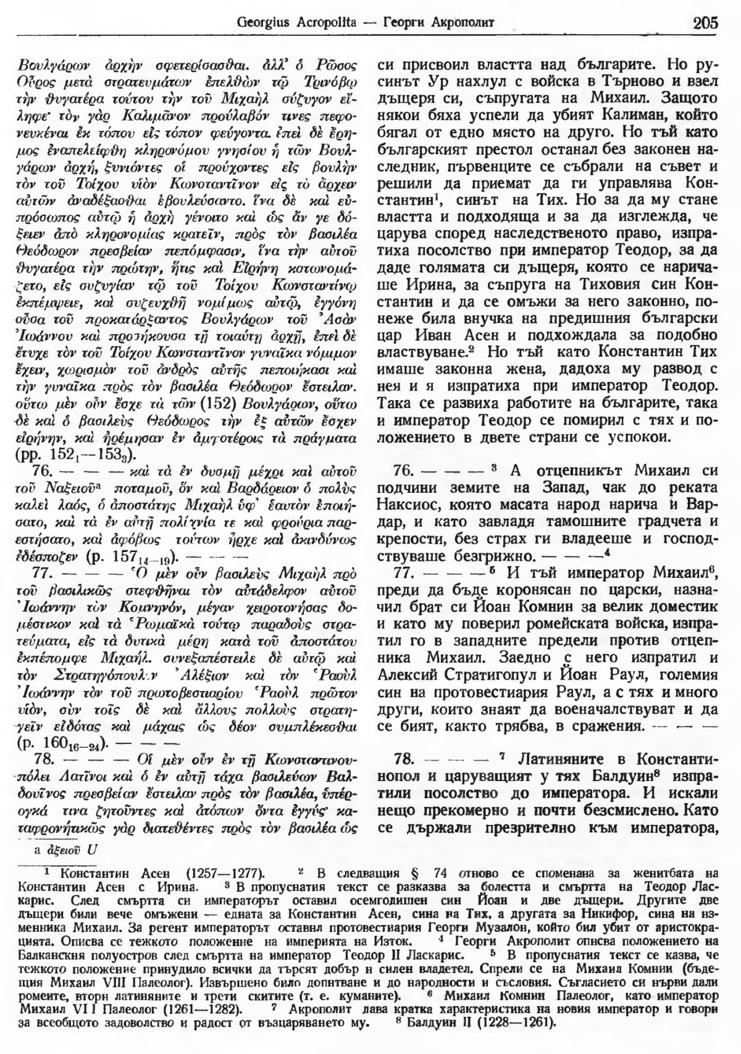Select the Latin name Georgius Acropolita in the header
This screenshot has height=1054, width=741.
(285, 23)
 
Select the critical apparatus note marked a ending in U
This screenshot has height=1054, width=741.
(67, 848)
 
